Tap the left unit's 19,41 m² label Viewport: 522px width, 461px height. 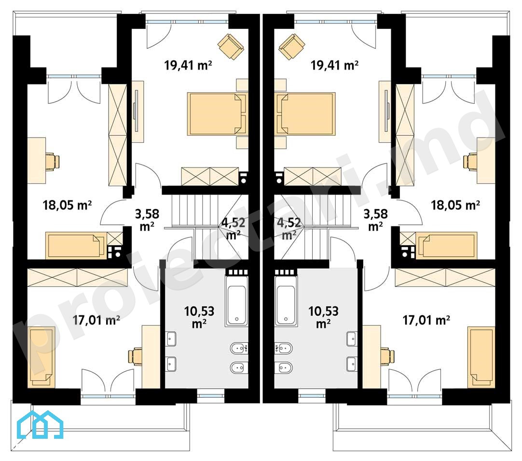pos(188,65)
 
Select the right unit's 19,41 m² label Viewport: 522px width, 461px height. pos(334,65)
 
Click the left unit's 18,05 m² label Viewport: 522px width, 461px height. pos(67,205)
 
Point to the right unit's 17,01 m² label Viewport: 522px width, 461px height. pos(426,320)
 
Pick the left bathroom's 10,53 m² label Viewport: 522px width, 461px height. pos(199,317)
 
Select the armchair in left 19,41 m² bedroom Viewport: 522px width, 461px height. pos(231,47)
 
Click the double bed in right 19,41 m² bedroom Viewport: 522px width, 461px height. pos(304,114)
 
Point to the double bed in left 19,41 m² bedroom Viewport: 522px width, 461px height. pos(218,114)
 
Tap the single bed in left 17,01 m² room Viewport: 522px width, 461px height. pos(42,357)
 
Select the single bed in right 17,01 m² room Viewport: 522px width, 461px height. pos(481,357)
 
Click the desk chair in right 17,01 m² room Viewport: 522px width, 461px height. pos(387,356)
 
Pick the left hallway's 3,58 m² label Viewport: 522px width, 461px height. pos(147,220)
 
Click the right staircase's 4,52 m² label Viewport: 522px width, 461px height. pos(289,228)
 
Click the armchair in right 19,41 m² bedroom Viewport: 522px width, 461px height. pos(291,47)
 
